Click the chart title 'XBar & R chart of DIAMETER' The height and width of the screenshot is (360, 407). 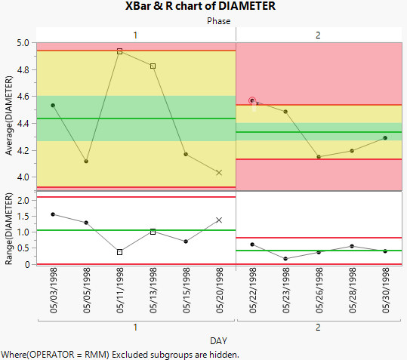201,7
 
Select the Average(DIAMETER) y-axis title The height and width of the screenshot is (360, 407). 9,116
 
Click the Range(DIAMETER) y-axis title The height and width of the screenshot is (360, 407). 9,229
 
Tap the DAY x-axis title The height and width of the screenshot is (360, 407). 219,340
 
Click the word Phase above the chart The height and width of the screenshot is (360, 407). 219,21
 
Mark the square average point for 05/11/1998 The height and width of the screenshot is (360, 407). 119,51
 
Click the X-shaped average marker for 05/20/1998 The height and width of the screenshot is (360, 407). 219,173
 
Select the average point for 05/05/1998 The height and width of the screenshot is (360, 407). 86,161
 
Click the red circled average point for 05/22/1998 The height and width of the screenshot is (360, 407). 252,100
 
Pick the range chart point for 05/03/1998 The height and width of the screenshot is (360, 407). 53,214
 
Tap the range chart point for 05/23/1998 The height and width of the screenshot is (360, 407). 285,259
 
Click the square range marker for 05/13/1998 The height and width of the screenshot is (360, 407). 153,232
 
